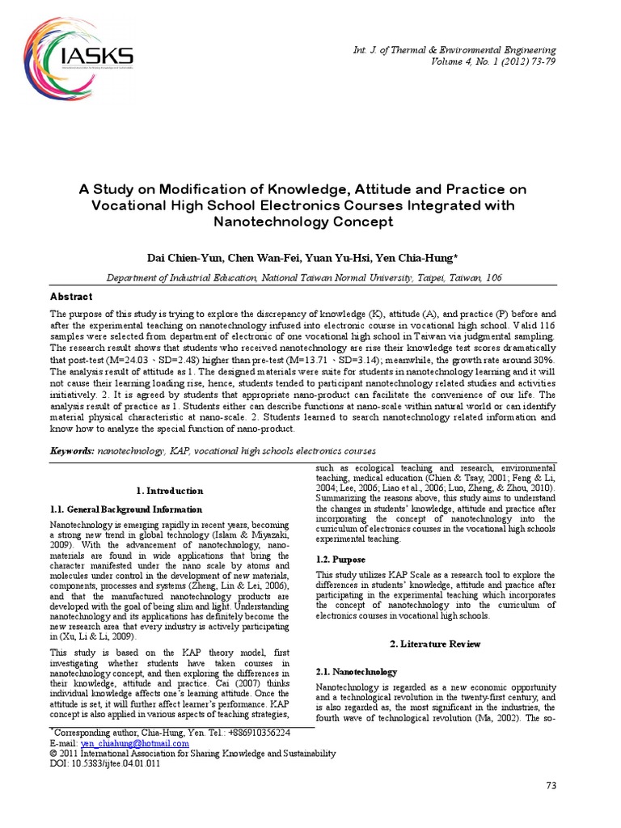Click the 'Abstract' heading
(x=72, y=297)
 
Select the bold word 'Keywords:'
(x=72, y=450)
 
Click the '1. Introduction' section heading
(x=169, y=491)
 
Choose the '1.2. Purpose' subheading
(x=340, y=559)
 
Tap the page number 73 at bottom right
(x=552, y=786)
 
